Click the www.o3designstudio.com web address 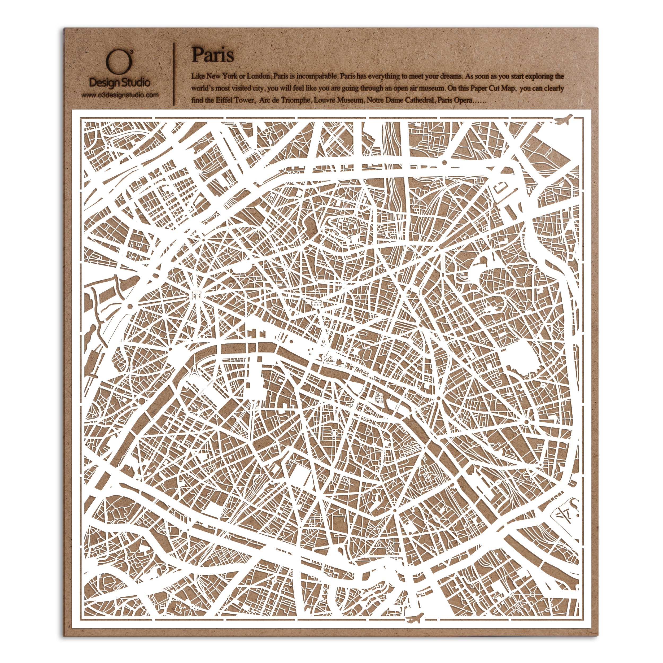coord(120,95)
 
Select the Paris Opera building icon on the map coord(316,302)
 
